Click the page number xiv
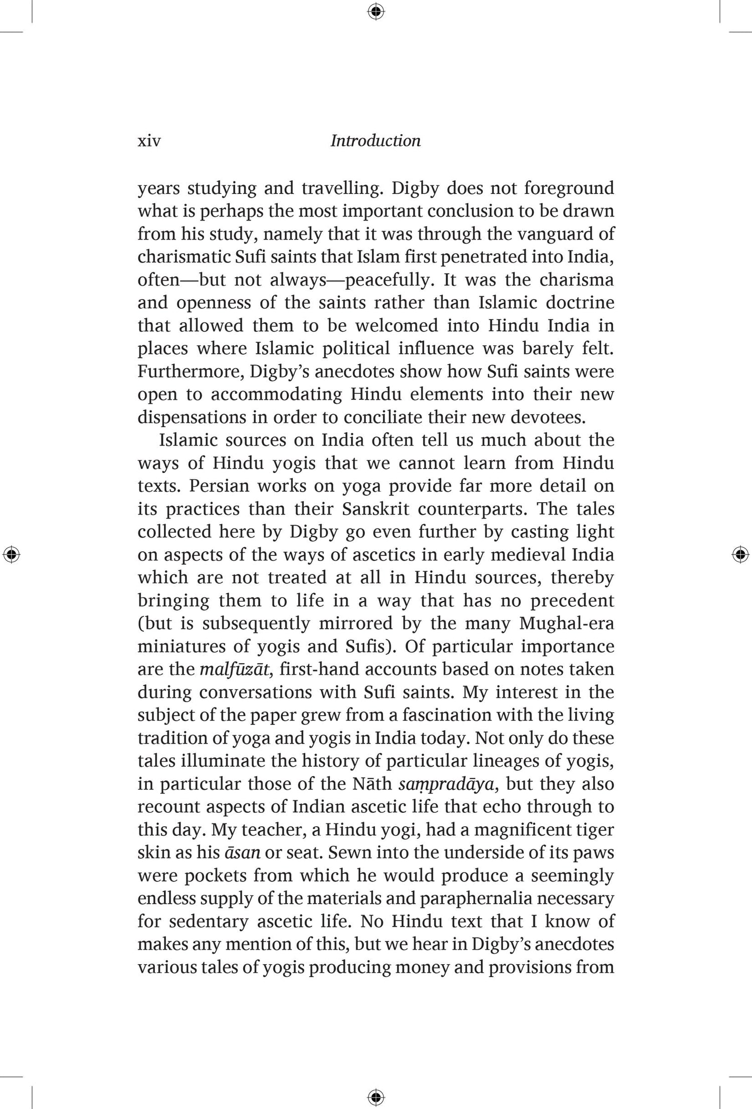(149, 141)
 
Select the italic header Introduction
(375, 141)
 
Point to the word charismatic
(184, 257)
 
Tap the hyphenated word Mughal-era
(567, 623)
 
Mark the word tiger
(596, 830)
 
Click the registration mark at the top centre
(376, 11)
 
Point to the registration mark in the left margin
(11, 555)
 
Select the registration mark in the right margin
(740, 555)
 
